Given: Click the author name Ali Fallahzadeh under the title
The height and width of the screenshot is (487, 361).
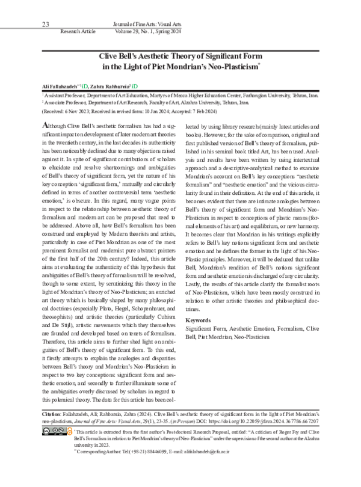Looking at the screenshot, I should coord(61,86).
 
